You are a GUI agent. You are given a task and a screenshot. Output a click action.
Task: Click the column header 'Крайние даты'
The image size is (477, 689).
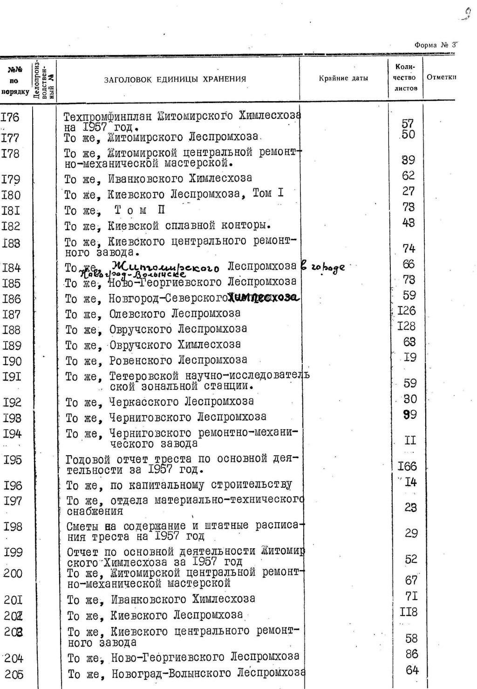coord(343,78)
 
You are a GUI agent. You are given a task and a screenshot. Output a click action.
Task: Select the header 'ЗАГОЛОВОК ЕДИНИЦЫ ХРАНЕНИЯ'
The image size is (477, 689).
coord(175,79)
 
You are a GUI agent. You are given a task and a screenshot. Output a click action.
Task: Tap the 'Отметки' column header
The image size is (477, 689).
coord(441,77)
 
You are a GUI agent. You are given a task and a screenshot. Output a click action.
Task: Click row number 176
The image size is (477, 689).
coord(10,117)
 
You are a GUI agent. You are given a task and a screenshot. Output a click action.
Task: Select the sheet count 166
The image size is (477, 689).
coord(408,466)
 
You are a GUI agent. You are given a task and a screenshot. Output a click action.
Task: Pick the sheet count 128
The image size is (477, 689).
coord(407,326)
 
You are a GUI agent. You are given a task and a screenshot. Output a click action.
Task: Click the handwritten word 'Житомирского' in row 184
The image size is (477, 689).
coord(165,267)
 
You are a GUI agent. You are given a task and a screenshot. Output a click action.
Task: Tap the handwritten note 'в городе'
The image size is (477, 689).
coord(324,267)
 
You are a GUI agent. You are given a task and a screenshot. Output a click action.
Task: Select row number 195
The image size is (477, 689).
coord(13,460)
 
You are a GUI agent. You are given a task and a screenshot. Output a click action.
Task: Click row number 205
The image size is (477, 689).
coord(14,674)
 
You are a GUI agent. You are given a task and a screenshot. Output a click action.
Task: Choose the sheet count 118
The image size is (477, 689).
coord(408,612)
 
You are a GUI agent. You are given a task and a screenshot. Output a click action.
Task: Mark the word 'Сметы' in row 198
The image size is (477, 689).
coord(82,526)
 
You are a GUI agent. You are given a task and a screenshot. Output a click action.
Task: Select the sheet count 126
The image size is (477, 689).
coord(407,310)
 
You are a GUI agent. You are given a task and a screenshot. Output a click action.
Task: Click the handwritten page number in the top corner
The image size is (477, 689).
coord(466,14)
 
